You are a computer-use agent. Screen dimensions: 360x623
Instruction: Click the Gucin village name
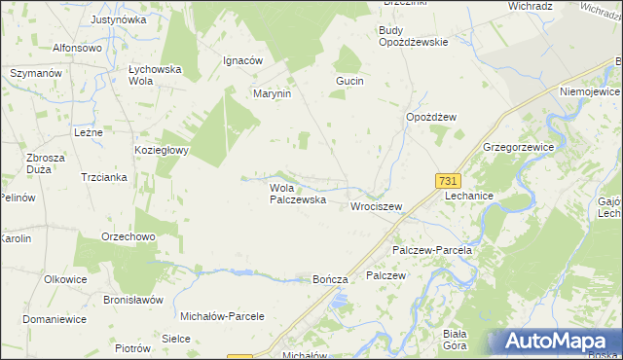349,81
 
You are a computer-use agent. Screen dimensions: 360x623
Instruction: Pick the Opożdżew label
431,117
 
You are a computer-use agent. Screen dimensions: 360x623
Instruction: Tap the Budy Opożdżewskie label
413,36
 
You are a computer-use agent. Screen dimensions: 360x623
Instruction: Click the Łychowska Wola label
150,76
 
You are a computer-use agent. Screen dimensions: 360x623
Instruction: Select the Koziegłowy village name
162,151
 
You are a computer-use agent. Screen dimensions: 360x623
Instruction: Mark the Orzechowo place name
129,236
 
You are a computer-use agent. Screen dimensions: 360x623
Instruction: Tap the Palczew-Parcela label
432,250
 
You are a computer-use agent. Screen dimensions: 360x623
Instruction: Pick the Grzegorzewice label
518,147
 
